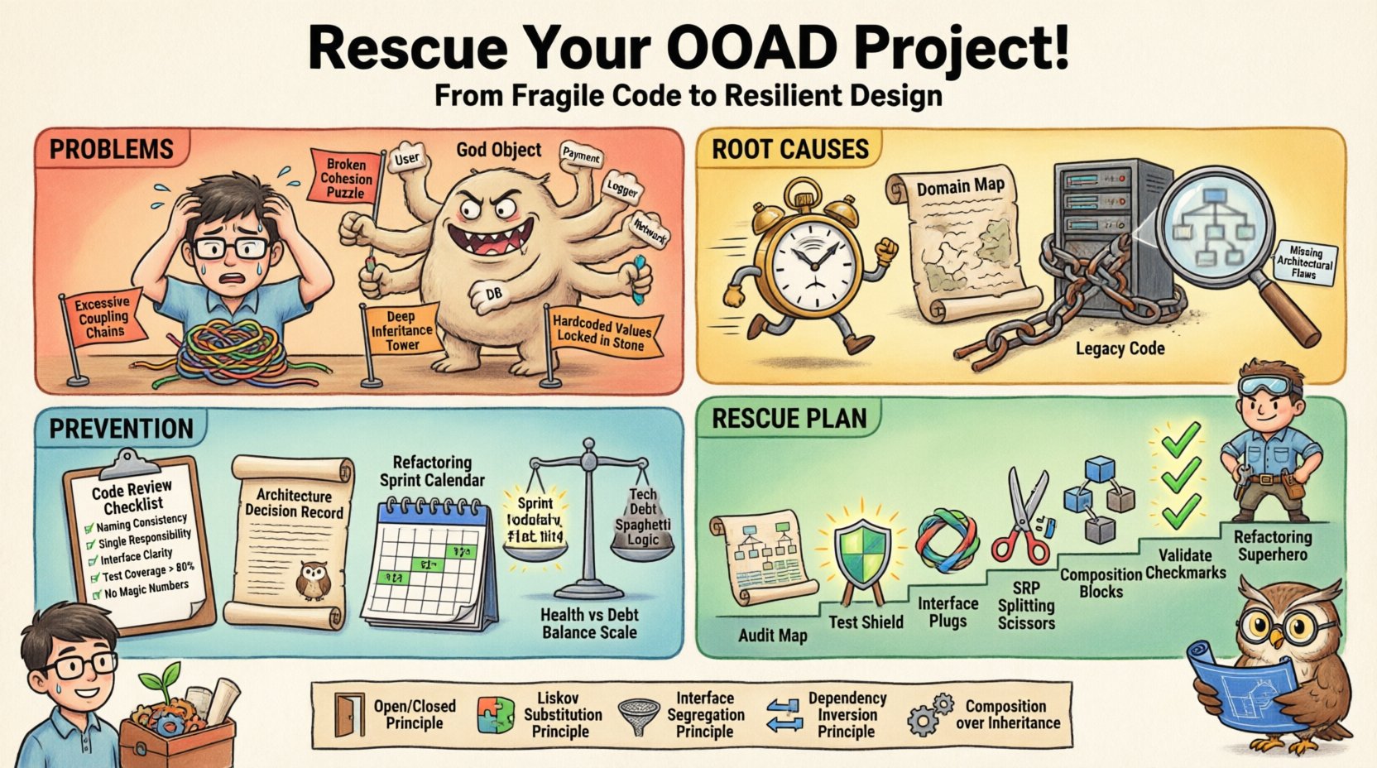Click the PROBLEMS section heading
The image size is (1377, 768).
pyautogui.click(x=112, y=150)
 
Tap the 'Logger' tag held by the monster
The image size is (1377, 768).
pyautogui.click(x=621, y=189)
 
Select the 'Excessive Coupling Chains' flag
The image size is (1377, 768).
pyautogui.click(x=103, y=317)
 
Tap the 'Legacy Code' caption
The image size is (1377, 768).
pyautogui.click(x=1119, y=348)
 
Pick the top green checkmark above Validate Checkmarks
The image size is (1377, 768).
pyautogui.click(x=1181, y=439)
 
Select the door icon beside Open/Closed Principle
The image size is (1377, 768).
pyautogui.click(x=348, y=714)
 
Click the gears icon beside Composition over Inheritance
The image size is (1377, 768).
pyautogui.click(x=930, y=715)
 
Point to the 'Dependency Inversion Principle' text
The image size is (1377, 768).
pyautogui.click(x=847, y=715)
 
